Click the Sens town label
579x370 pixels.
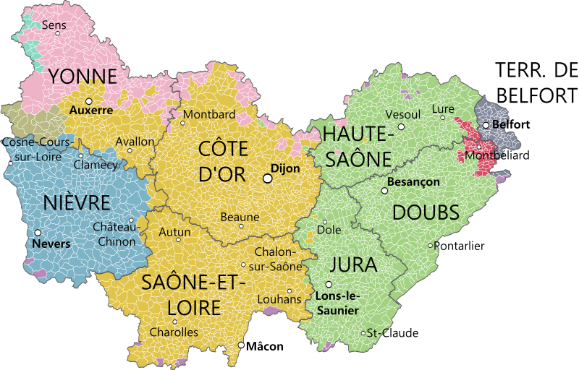[x=54, y=25]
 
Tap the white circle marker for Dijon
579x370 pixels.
[x=267, y=178]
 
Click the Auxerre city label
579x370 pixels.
[x=91, y=111]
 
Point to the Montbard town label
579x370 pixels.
[x=209, y=114]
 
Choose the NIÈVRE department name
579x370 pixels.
[x=77, y=203]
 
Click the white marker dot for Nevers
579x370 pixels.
[x=38, y=233]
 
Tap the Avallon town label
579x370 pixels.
[x=135, y=142]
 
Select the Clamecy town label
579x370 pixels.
[x=95, y=165]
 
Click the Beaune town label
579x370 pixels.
[x=240, y=217]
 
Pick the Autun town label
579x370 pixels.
[x=174, y=232]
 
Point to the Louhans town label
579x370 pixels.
[x=279, y=299]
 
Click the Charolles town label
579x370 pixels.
[x=173, y=332]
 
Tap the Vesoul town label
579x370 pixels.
[x=403, y=114]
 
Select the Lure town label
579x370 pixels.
[x=443, y=109]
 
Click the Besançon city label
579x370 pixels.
[x=413, y=181]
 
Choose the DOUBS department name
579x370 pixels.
[x=426, y=212]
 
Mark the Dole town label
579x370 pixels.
[x=329, y=231]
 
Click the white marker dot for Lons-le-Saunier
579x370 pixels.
[x=329, y=285]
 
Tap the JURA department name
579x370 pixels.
[x=353, y=264]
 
